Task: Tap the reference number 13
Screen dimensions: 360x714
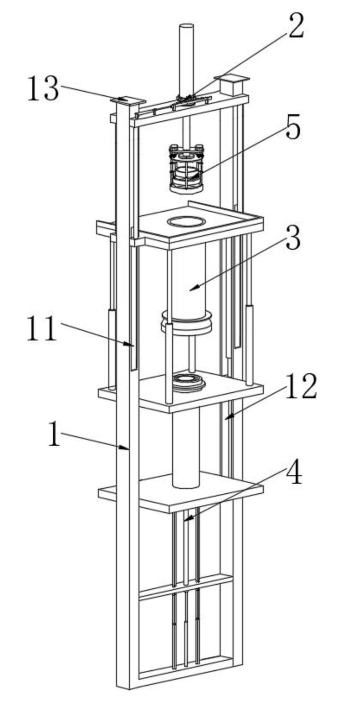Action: (43, 88)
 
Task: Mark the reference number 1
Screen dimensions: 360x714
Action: (54, 433)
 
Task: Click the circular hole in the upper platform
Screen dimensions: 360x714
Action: (186, 221)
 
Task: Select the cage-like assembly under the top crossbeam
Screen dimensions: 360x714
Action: (186, 168)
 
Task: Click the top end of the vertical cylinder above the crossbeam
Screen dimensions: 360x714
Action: (186, 27)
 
